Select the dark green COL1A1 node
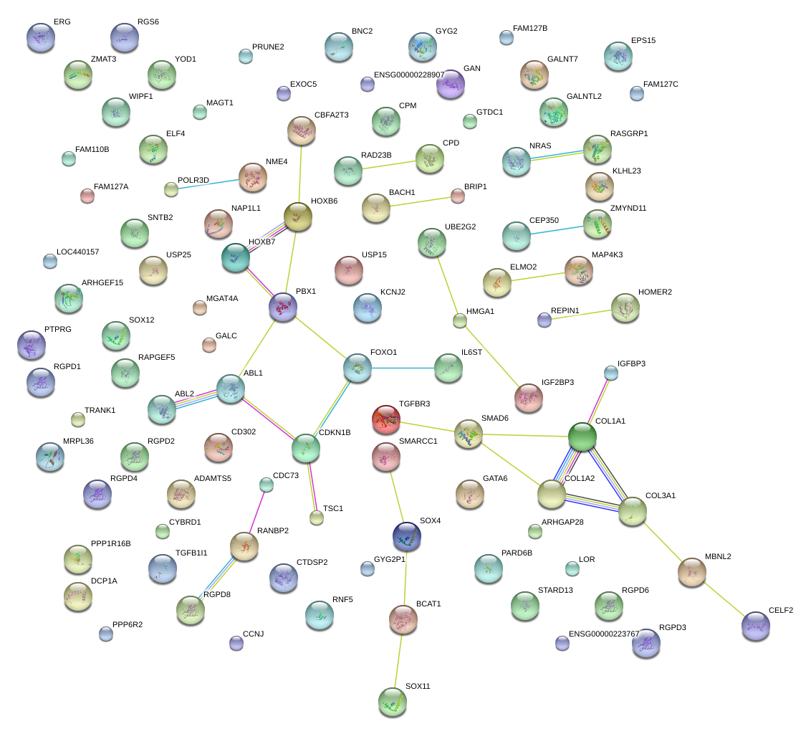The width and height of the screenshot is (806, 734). click(582, 437)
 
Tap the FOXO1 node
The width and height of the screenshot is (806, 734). click(358, 368)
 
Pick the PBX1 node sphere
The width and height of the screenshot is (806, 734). click(282, 306)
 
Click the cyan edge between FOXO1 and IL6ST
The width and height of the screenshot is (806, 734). click(401, 368)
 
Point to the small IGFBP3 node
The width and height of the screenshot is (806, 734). click(610, 373)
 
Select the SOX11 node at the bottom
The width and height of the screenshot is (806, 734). click(392, 702)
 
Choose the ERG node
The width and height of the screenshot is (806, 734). click(40, 37)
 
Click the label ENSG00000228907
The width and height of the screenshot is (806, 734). click(409, 75)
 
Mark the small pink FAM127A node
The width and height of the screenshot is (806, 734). click(87, 196)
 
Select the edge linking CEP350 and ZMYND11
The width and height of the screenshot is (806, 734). click(557, 230)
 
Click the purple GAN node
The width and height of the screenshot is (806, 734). click(451, 84)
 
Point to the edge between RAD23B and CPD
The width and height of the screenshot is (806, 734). click(388, 164)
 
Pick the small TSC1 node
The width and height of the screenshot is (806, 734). click(317, 518)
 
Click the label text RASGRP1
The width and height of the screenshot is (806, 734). click(628, 133)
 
